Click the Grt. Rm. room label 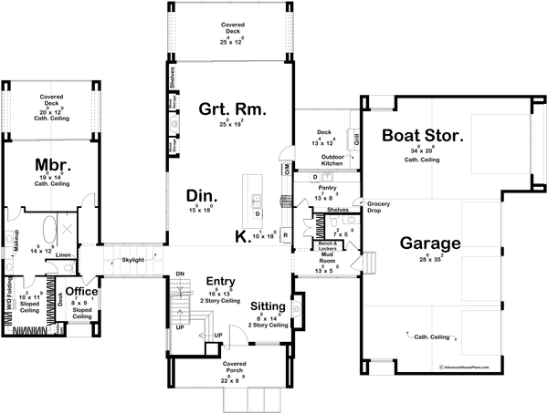(x=232, y=109)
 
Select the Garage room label (x=429, y=243)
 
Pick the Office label (x=80, y=292)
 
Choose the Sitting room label (x=267, y=308)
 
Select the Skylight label (x=132, y=260)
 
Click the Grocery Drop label (x=378, y=206)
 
